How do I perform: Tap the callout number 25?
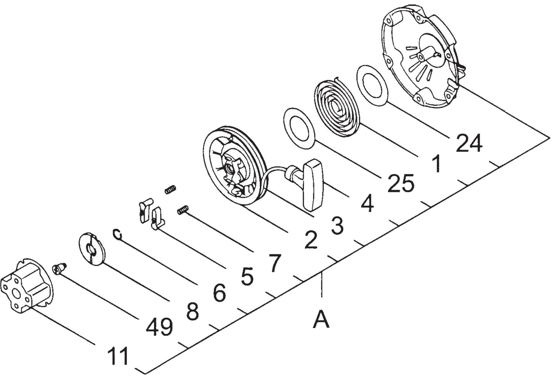pos(401,184)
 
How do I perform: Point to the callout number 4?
pos(367,204)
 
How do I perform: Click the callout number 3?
pos(337,226)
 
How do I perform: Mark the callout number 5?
pos(247,276)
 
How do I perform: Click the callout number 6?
pos(219,293)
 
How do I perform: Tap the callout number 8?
pos(192,312)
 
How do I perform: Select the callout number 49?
pos(159,327)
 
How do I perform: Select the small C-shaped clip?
pos(118,234)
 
